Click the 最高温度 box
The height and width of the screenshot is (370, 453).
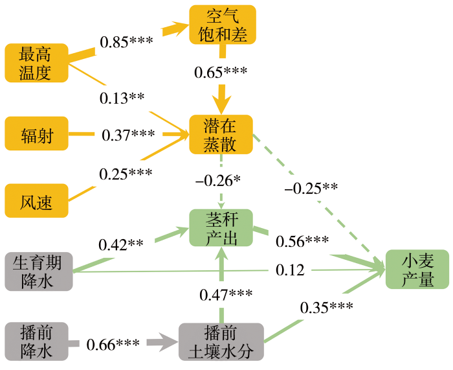click(x=37, y=63)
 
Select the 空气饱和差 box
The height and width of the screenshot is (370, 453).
click(x=223, y=25)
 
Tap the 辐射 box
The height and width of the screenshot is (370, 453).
click(x=37, y=133)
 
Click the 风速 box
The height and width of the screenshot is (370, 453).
click(x=37, y=200)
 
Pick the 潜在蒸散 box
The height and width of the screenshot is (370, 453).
click(x=221, y=135)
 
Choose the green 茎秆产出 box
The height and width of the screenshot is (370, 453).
click(x=221, y=227)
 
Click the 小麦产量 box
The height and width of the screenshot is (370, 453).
click(x=417, y=270)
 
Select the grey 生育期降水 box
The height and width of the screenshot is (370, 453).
click(x=39, y=272)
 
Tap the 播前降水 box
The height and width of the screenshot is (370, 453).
click(x=37, y=341)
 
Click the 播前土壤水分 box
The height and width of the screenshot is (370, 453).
click(x=221, y=342)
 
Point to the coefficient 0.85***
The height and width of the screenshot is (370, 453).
click(x=126, y=41)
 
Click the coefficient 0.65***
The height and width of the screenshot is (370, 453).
click(x=221, y=72)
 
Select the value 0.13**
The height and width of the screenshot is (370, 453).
click(x=122, y=98)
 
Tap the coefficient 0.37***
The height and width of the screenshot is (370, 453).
click(x=128, y=135)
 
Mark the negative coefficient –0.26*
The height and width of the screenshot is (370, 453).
click(x=218, y=181)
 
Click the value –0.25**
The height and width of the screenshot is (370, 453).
click(x=311, y=189)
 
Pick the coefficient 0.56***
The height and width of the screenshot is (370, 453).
click(x=302, y=241)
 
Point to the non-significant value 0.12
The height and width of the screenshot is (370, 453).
click(x=290, y=270)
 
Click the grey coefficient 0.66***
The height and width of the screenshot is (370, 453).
click(x=113, y=344)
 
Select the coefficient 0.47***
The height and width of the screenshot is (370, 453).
click(x=226, y=294)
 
